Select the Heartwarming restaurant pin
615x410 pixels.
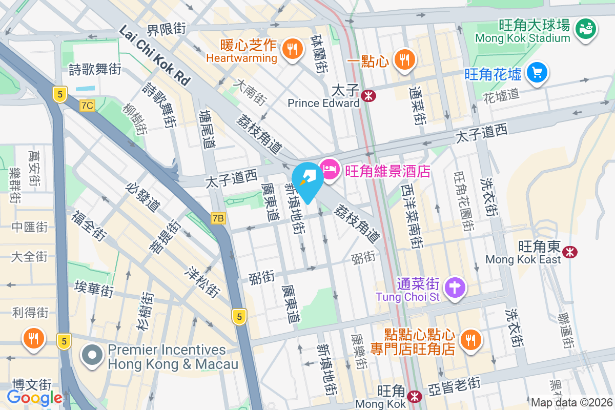click(x=292, y=50)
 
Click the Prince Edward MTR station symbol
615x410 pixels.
click(x=367, y=95)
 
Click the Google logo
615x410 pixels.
click(x=34, y=397)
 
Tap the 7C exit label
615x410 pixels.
click(x=87, y=106)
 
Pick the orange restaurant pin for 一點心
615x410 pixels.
click(x=404, y=60)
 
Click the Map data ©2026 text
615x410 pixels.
click(x=571, y=402)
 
